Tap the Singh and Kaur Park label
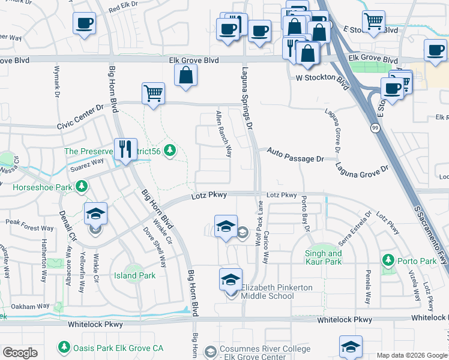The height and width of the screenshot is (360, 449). [x=324, y=258]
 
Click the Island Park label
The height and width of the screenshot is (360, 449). [x=135, y=275]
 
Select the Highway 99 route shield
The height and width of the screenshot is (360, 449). [x=375, y=128]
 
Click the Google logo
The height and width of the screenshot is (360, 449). [x=20, y=353]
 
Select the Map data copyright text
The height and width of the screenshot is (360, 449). [x=412, y=355]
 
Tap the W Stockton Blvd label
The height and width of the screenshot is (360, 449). [x=323, y=78]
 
